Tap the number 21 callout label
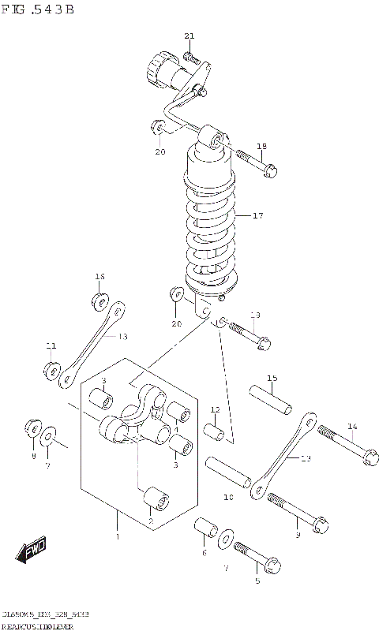tap(189, 36)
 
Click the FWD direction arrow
tap(32, 551)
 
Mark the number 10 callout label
tap(228, 498)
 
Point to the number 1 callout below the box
tap(118, 537)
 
